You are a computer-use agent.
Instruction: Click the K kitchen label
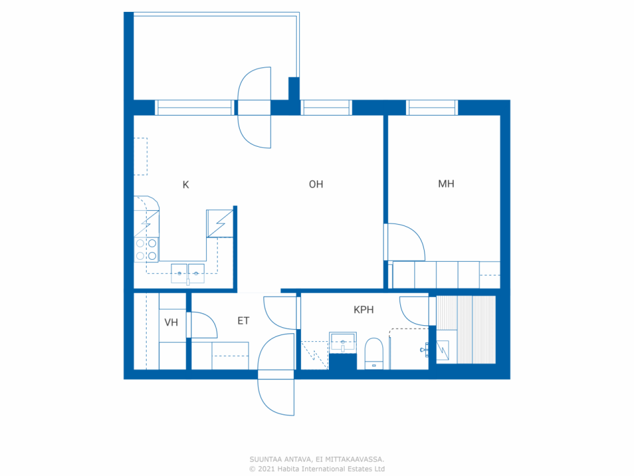pos(186,184)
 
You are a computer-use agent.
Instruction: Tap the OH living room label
pos(316,184)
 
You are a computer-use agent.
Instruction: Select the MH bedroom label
pos(446,184)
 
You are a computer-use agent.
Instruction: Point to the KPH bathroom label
pos(364,310)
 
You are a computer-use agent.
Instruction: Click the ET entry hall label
pos(243,321)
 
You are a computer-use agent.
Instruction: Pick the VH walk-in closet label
pos(171,322)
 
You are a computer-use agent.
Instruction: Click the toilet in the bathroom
pos(374,354)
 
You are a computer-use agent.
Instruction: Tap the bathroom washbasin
pos(343,343)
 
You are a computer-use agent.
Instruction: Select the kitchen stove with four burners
pos(146,250)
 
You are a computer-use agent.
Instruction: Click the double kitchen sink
pos(188,273)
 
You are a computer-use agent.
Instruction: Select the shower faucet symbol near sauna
pos(424,350)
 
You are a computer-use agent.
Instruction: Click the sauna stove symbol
pos(442,350)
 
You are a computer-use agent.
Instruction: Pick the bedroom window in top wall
pos(432,108)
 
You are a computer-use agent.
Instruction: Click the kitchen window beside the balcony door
pos(194,108)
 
